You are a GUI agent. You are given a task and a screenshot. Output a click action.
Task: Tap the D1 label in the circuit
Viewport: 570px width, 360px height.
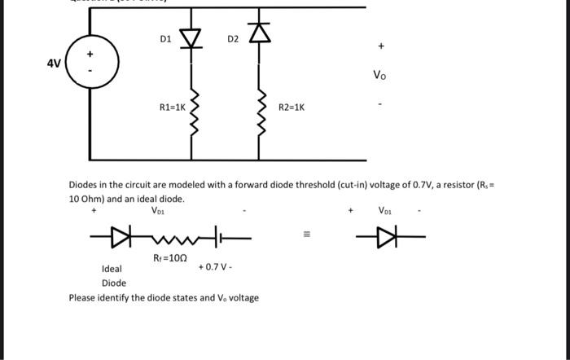(165, 38)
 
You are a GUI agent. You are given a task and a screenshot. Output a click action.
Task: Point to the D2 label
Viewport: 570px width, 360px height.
(233, 38)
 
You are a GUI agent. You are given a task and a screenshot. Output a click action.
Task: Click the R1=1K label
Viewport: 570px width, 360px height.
(173, 107)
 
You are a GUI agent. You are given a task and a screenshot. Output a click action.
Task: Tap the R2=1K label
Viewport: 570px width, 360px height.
(292, 107)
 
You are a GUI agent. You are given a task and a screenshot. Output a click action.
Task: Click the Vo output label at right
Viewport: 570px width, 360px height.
(379, 76)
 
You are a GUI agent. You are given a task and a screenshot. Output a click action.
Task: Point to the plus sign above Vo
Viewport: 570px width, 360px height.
(379, 46)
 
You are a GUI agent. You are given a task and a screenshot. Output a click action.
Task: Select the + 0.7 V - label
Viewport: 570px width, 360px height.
(214, 266)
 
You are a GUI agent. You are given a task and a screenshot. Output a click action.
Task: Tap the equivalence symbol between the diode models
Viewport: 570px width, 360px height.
(307, 238)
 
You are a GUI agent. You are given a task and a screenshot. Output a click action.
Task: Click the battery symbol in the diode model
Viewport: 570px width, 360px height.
(219, 238)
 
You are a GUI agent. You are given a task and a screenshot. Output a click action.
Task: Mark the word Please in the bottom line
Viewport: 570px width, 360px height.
(85, 297)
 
